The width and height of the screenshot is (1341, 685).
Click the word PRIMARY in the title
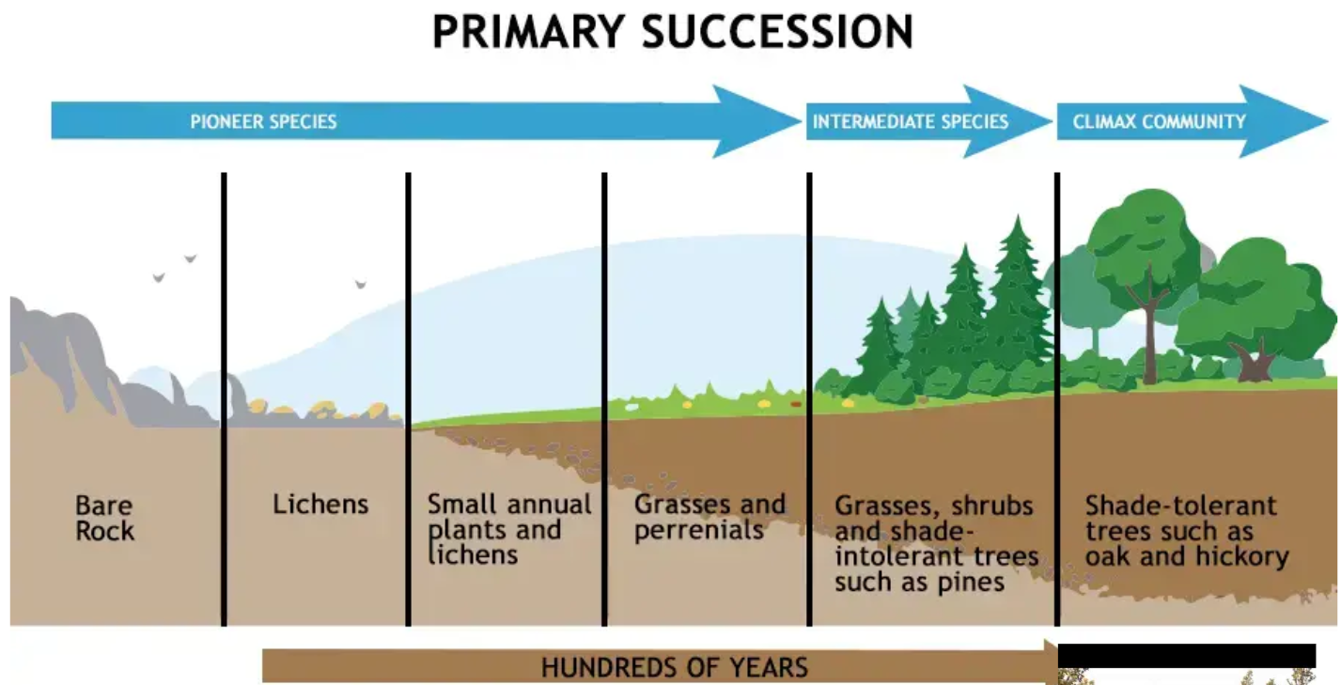(x=529, y=32)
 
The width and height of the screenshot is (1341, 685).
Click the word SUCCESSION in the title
(x=778, y=32)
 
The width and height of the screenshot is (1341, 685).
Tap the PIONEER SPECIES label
(x=263, y=121)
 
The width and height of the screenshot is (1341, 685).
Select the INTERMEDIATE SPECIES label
(x=911, y=121)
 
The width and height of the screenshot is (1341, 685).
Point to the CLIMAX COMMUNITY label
(x=1159, y=121)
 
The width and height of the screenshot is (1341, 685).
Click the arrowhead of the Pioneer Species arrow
(x=757, y=121)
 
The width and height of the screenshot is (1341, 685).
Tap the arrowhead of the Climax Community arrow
(x=1284, y=121)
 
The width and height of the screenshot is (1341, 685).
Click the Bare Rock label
(x=104, y=518)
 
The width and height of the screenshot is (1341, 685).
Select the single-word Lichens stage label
(x=320, y=505)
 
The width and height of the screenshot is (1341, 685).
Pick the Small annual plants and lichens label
(x=509, y=529)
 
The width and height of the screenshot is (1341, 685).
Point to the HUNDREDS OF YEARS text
(x=675, y=667)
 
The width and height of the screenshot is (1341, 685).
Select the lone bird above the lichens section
(x=361, y=284)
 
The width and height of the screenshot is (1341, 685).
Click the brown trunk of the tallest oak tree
(x=1148, y=335)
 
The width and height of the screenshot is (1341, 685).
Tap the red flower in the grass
(x=796, y=405)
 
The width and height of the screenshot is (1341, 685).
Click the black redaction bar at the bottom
(x=1187, y=656)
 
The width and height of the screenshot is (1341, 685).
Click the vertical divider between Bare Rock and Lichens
(x=224, y=399)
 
